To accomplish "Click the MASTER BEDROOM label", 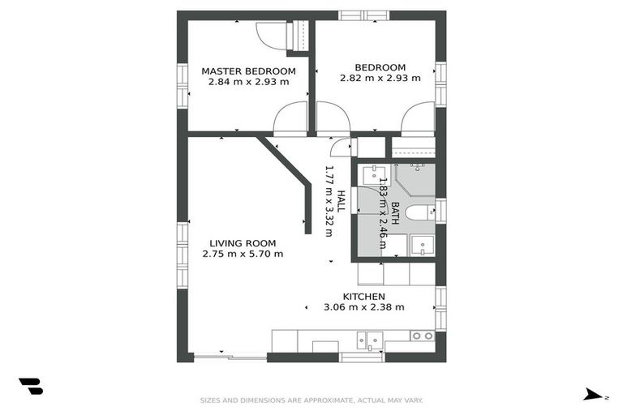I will click(x=248, y=71).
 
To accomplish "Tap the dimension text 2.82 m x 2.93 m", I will click(x=380, y=79).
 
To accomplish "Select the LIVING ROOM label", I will click(x=243, y=242).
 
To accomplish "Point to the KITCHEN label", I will click(x=363, y=297).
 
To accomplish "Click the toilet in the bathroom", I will click(x=419, y=213).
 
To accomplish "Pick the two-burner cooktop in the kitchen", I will click(x=421, y=336).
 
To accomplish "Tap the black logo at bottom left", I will click(x=30, y=387).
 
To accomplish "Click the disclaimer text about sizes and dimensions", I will click(x=311, y=400).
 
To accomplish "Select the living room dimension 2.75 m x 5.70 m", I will click(x=243, y=254).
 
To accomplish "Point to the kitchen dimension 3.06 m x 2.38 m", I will click(x=363, y=307).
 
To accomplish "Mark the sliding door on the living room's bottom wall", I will click(x=230, y=357).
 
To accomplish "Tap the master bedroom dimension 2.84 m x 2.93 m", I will click(x=248, y=82).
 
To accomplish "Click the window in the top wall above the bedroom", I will click(x=363, y=15).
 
